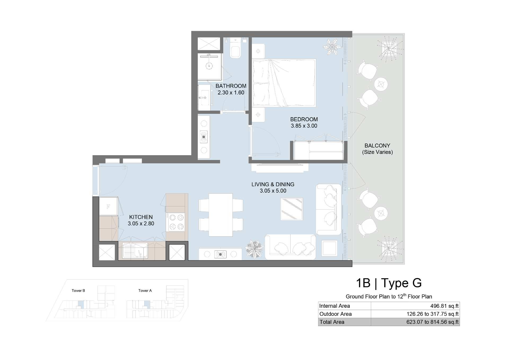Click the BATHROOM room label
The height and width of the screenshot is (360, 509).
[231, 86]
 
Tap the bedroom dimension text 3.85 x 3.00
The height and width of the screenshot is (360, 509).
[304, 126]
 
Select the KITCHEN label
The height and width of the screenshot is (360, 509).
[141, 217]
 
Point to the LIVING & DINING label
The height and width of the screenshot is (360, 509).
[273, 184]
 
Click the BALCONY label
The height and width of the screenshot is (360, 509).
[377, 146]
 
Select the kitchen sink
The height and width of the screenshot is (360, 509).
[135, 250]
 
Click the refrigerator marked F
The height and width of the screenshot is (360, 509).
[108, 206]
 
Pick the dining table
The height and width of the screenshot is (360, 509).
[221, 215]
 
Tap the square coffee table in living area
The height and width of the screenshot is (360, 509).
[292, 209]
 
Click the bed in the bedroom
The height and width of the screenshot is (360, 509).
[284, 83]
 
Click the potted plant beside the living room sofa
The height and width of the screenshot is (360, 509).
[254, 249]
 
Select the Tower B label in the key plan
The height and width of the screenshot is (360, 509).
[78, 290]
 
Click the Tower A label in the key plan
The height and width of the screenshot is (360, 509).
[145, 290]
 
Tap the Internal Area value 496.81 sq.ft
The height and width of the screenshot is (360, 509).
[444, 306]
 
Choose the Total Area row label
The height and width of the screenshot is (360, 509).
[332, 322]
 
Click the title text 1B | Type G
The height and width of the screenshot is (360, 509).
[389, 283]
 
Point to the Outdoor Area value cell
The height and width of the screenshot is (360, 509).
[415, 314]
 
